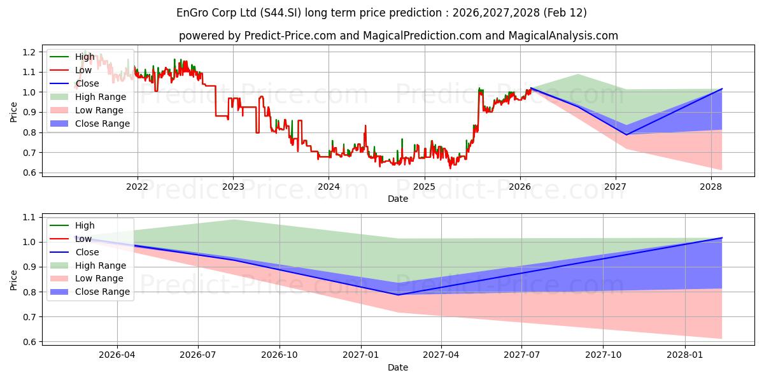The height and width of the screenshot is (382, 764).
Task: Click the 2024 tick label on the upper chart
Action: pyautogui.click(x=329, y=187)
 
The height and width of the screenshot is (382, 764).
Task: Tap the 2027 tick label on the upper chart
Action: pyautogui.click(x=616, y=187)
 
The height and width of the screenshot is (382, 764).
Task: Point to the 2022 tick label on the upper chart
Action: pyautogui.click(x=138, y=187)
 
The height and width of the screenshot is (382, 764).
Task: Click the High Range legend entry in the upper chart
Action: pyautogui.click(x=101, y=97)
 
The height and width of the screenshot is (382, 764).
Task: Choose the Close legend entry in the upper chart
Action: pyautogui.click(x=87, y=83)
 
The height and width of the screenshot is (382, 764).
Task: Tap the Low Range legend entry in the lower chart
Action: pyautogui.click(x=99, y=279)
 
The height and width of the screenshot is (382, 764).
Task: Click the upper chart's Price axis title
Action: pyautogui.click(x=14, y=113)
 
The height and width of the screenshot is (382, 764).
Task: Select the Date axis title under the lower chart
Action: pyautogui.click(x=398, y=368)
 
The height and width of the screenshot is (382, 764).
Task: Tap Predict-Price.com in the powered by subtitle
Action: pyautogui.click(x=292, y=36)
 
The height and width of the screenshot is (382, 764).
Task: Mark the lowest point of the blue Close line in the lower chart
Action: pyautogui.click(x=398, y=295)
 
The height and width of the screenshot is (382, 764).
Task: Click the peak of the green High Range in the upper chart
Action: pyautogui.click(x=577, y=74)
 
